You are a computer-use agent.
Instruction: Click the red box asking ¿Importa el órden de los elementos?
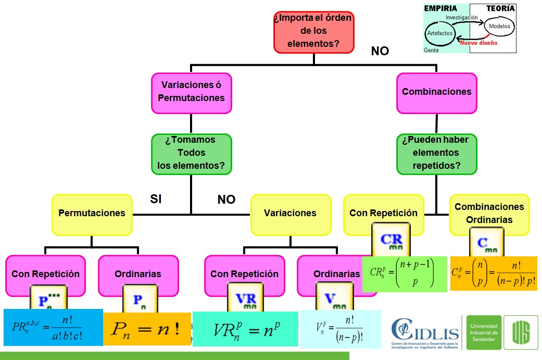313,32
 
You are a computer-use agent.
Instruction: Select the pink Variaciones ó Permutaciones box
191,92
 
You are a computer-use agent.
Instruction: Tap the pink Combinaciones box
436,92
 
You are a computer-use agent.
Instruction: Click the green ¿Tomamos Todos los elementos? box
191,153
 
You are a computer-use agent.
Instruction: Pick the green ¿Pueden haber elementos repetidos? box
436,153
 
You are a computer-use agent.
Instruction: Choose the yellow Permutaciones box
92,213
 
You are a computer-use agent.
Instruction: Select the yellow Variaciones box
290,213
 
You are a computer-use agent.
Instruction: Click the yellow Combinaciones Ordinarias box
489,213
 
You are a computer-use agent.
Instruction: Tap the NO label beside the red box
380,51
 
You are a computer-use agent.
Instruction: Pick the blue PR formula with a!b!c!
53,327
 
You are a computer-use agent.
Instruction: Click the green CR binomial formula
404,274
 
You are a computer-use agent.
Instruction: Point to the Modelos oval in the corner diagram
499,26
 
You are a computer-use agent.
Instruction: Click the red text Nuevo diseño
478,43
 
